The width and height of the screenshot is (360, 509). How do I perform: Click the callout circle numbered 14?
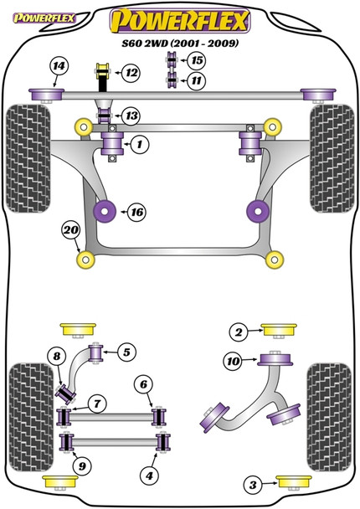click(x=58, y=66)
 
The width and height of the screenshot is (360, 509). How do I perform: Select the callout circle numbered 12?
click(x=131, y=74)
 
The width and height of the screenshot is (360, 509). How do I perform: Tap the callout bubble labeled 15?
click(x=196, y=60)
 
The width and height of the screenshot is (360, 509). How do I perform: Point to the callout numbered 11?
click(x=196, y=80)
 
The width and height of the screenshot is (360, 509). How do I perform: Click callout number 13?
click(x=131, y=116)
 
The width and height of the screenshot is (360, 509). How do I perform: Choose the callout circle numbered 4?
click(x=150, y=476)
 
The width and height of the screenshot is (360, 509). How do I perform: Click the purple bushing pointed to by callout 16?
click(x=105, y=210)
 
